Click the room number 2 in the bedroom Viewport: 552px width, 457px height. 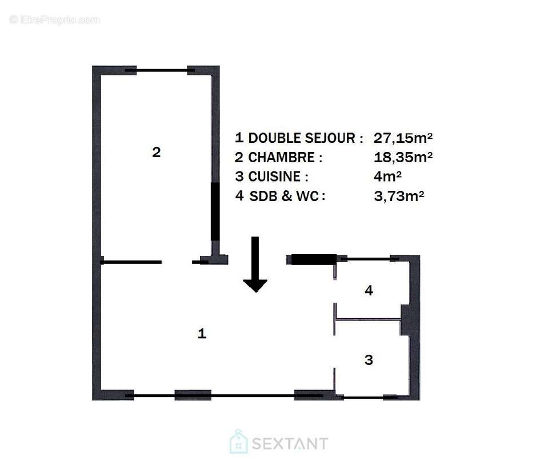tap(156, 153)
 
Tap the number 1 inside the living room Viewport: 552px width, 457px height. tap(201, 334)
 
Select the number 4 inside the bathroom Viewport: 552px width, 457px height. tap(369, 291)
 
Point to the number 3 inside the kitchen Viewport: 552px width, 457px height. tap(369, 360)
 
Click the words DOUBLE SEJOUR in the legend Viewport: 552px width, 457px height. tap(306, 138)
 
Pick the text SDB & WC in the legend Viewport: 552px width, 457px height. tap(287, 196)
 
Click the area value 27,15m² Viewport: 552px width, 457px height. tap(403, 138)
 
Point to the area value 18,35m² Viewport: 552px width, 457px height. tap(403, 157)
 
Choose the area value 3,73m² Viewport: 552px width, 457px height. tap(399, 196)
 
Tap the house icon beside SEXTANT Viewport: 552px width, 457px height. tap(239, 443)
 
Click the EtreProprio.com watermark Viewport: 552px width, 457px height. tap(55, 20)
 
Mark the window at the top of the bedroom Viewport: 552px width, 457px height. tap(162, 70)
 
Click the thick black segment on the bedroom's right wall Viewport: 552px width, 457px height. tap(215, 211)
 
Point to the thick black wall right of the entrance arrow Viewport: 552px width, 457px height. tap(311, 259)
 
